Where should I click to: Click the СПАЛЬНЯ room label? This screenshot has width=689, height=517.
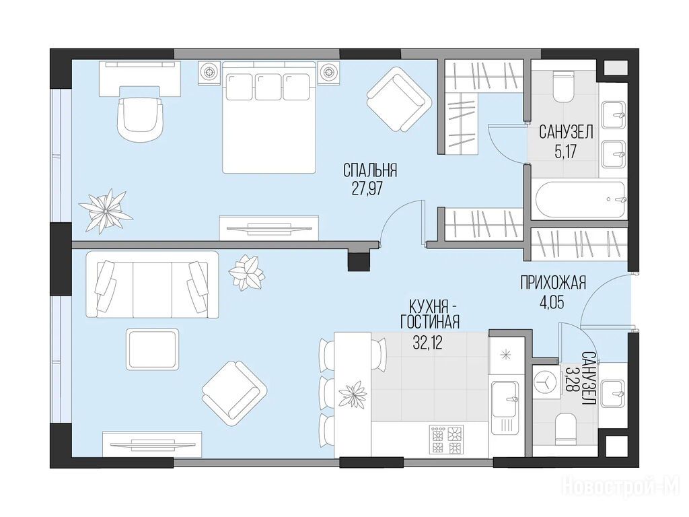tap(370, 170)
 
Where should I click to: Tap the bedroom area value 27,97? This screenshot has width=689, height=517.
tap(367, 188)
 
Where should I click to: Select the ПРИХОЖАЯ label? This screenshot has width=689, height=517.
tap(553, 283)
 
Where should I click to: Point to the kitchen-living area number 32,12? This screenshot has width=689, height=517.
tap(427, 342)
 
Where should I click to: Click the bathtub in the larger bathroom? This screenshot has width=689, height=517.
tap(579, 200)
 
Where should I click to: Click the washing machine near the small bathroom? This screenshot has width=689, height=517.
tap(545, 383)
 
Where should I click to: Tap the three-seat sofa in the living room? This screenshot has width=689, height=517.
tap(153, 285)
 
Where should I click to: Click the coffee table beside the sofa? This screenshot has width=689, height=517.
tap(153, 350)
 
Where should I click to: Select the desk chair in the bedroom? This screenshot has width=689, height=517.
tap(140, 118)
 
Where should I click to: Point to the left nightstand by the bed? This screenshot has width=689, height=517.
tap(210, 71)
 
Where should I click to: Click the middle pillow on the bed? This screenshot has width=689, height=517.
tap(268, 87)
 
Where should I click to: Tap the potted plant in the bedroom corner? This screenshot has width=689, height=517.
tap(106, 211)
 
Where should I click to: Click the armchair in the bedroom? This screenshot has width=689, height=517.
tap(398, 99)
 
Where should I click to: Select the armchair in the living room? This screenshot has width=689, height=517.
tap(235, 392)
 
